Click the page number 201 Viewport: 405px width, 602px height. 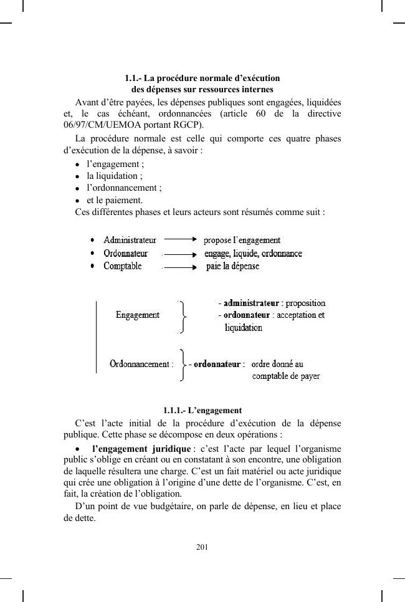202,547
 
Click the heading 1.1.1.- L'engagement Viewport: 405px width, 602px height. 202,411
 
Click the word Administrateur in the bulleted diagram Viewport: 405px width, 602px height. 130,240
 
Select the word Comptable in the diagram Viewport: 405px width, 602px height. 122,266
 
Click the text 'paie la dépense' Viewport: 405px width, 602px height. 232,267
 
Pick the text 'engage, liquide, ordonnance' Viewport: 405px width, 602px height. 254,254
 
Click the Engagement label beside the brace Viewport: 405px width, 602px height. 138,315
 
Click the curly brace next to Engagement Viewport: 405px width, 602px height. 182,317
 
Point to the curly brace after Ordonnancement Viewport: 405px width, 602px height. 181,365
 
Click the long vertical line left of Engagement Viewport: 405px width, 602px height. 97,337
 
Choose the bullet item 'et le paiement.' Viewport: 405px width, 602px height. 115,200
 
